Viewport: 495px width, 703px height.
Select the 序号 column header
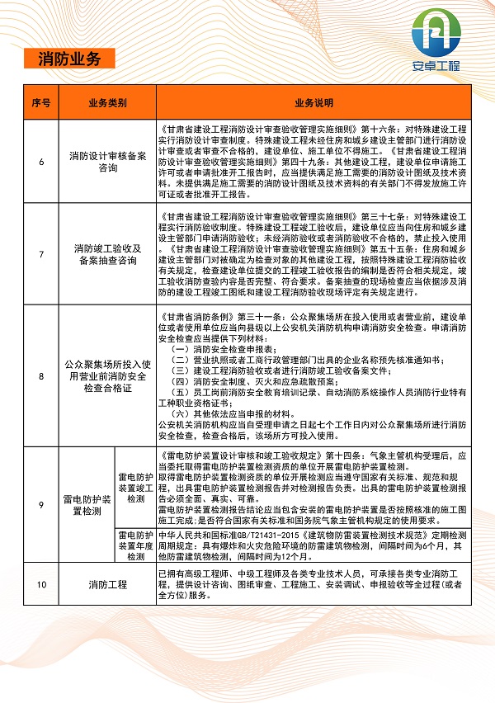coord(41,103)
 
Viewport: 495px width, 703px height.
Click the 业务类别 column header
coord(107,103)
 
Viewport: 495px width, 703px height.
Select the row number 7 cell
coord(41,253)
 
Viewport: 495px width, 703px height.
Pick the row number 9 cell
coord(41,505)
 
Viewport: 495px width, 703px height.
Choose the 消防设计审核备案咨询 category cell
coord(107,161)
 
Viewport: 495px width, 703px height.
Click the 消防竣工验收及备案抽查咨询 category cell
coord(107,253)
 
